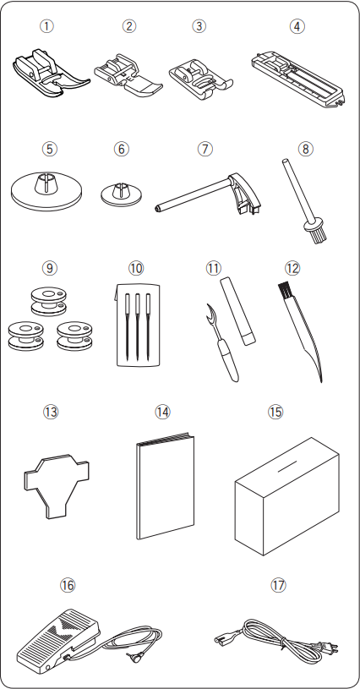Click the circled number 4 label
click(x=297, y=26)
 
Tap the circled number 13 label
click(x=51, y=413)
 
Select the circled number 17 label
click(x=278, y=585)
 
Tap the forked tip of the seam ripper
click(x=210, y=311)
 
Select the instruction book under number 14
click(x=165, y=485)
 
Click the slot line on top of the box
click(x=286, y=464)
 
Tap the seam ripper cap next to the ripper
click(x=237, y=310)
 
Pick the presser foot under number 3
click(x=200, y=77)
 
